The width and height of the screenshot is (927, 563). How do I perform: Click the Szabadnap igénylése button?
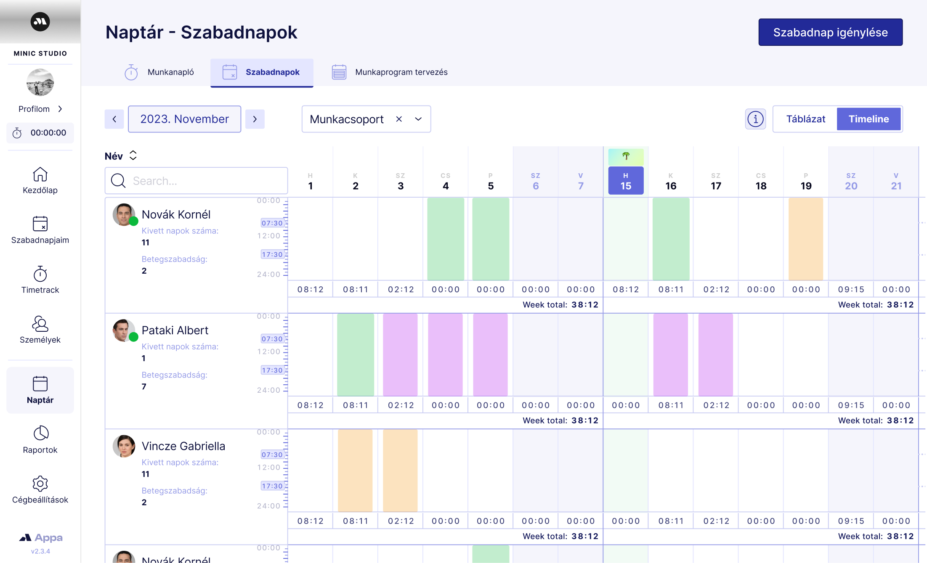tap(830, 32)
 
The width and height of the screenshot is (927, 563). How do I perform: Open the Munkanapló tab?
tap(160, 72)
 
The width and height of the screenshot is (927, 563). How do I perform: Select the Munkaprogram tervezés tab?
tap(390, 72)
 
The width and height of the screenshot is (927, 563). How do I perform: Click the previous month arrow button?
tap(114, 119)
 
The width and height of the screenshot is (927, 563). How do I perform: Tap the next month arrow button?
tap(255, 119)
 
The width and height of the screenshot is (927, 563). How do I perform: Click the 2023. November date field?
tap(184, 119)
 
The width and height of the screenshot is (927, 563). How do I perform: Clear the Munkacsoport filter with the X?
tap(399, 119)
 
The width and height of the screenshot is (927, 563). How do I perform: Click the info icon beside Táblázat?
tap(755, 119)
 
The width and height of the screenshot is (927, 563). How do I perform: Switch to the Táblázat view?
tap(805, 119)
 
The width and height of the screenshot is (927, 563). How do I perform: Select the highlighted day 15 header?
tap(626, 181)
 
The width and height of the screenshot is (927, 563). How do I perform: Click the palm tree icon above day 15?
tap(626, 156)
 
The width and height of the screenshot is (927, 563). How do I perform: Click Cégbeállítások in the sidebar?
tap(40, 490)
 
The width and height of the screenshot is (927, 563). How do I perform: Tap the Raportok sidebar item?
tap(40, 440)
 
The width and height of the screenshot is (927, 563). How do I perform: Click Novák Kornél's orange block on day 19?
tap(805, 239)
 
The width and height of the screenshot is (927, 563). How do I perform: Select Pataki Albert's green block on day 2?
tap(355, 354)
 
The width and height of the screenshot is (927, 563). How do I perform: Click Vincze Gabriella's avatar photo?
tap(124, 446)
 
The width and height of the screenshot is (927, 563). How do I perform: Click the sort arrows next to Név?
tap(133, 156)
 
